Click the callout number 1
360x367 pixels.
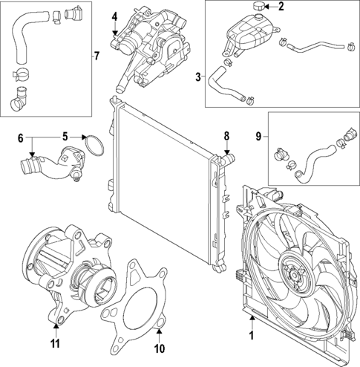click(x=250, y=335)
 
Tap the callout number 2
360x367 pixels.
click(x=281, y=7)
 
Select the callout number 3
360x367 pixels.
click(x=198, y=76)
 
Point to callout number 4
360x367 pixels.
click(x=115, y=16)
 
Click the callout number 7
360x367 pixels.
click(x=96, y=56)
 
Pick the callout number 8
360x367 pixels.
click(x=228, y=136)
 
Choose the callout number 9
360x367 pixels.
click(x=258, y=136)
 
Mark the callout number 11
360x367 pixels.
click(x=54, y=342)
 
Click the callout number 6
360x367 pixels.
click(x=21, y=137)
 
